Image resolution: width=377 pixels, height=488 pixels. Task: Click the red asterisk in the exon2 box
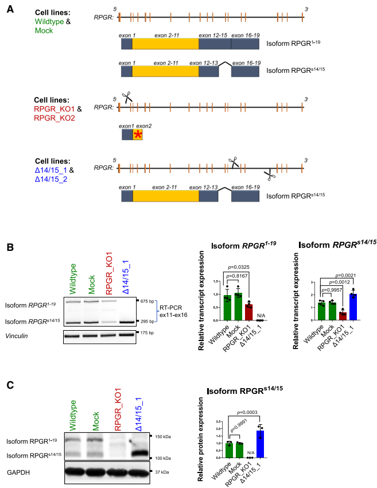coord(138,135)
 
